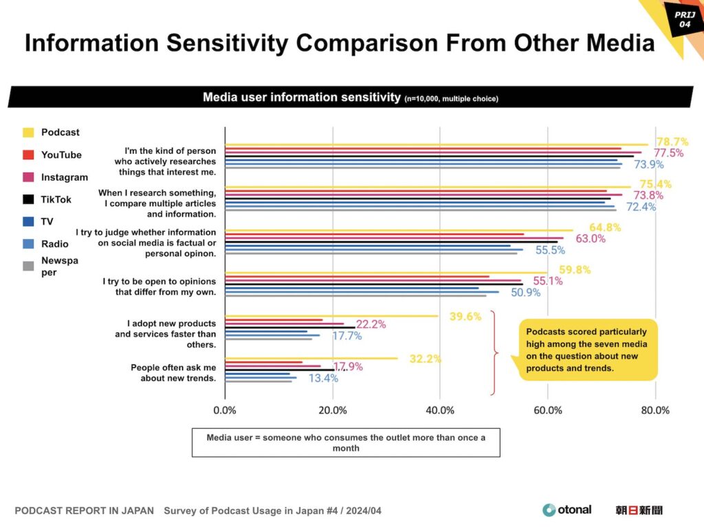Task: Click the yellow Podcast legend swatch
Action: pyautogui.click(x=28, y=132)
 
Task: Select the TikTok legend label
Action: pyautogui.click(x=56, y=199)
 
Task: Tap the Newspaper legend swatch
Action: pyautogui.click(x=28, y=266)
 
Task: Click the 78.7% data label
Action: pyautogui.click(x=672, y=142)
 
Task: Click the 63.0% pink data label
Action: pyautogui.click(x=591, y=239)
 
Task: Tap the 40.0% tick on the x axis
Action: pyautogui.click(x=440, y=411)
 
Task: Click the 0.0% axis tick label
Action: pyautogui.click(x=225, y=411)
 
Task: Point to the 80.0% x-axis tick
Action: pyautogui.click(x=655, y=411)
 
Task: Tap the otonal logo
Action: pyautogui.click(x=566, y=510)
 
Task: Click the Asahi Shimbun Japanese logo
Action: pyautogui.click(x=639, y=510)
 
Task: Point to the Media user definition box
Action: pyautogui.click(x=346, y=442)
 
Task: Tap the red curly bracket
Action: pyautogui.click(x=494, y=353)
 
